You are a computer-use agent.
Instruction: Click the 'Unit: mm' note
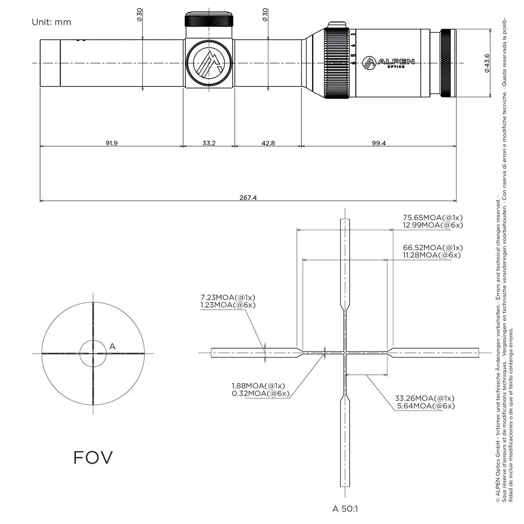point(51,22)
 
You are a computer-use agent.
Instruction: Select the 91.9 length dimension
point(111,143)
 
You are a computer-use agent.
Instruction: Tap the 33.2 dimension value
point(209,143)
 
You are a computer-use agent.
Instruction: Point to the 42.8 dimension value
point(268,143)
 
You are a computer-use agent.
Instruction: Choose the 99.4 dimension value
point(379,143)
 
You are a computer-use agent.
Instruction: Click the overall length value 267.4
point(248,197)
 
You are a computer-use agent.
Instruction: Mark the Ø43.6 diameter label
point(487,63)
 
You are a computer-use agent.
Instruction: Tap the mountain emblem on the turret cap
point(209,63)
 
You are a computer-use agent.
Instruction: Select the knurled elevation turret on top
point(209,20)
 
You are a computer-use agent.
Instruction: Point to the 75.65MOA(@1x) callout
point(433,218)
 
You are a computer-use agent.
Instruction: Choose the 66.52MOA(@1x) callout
point(433,248)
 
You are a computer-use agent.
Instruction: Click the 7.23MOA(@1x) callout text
point(228,297)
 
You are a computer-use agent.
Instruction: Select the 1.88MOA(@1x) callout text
point(258,386)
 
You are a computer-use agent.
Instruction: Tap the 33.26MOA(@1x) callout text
point(424,398)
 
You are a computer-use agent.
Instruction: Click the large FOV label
point(93,457)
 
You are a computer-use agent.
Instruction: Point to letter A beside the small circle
point(112,347)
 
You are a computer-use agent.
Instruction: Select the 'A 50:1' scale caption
point(345,509)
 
